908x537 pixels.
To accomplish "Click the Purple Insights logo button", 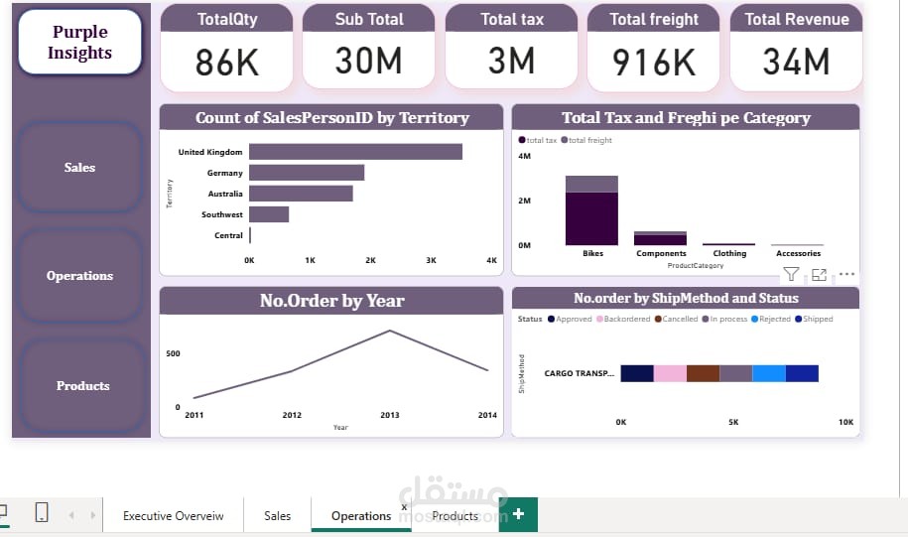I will point(80,44).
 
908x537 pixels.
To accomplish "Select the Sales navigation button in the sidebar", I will point(79,167).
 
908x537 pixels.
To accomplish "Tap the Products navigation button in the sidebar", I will point(82,385).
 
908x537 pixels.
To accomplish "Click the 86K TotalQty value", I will point(226,63).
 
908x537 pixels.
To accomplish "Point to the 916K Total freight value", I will point(654,63).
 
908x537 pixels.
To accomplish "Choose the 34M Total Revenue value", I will point(796,63).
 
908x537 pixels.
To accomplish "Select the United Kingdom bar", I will point(355,152).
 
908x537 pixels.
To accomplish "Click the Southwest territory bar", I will point(269,214).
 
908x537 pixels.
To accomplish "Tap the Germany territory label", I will point(224,173).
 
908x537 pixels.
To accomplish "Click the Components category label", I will point(661,253).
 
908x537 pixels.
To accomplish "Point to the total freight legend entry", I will point(589,140).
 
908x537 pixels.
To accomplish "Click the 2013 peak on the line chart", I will point(390,331).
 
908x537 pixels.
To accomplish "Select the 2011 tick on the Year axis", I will point(195,415).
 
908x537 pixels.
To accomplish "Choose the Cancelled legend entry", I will point(680,319).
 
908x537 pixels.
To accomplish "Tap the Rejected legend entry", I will point(773,319).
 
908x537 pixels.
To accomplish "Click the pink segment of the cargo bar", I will point(670,373).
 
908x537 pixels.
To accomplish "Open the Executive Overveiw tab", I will point(173,516).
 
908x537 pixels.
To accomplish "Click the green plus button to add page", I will point(518,514).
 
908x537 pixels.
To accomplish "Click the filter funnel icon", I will point(791,275).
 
